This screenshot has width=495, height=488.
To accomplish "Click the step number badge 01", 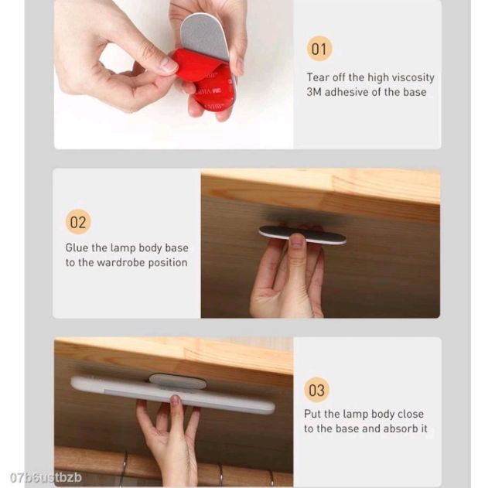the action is point(319,49).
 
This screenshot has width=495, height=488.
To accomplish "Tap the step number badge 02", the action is point(78,222).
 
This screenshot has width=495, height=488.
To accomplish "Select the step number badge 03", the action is point(316,390).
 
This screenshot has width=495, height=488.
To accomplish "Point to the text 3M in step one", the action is point(314,92).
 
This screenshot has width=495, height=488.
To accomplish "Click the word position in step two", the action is point(168,263).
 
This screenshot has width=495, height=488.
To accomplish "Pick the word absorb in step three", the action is point(397,429).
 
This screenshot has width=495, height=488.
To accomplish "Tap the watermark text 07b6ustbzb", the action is point(46,478).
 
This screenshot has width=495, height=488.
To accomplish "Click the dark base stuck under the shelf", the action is point(302,235).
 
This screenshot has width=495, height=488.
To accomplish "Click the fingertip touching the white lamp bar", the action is point(175,401).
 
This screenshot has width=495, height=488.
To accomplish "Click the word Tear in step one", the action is point(318,77).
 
